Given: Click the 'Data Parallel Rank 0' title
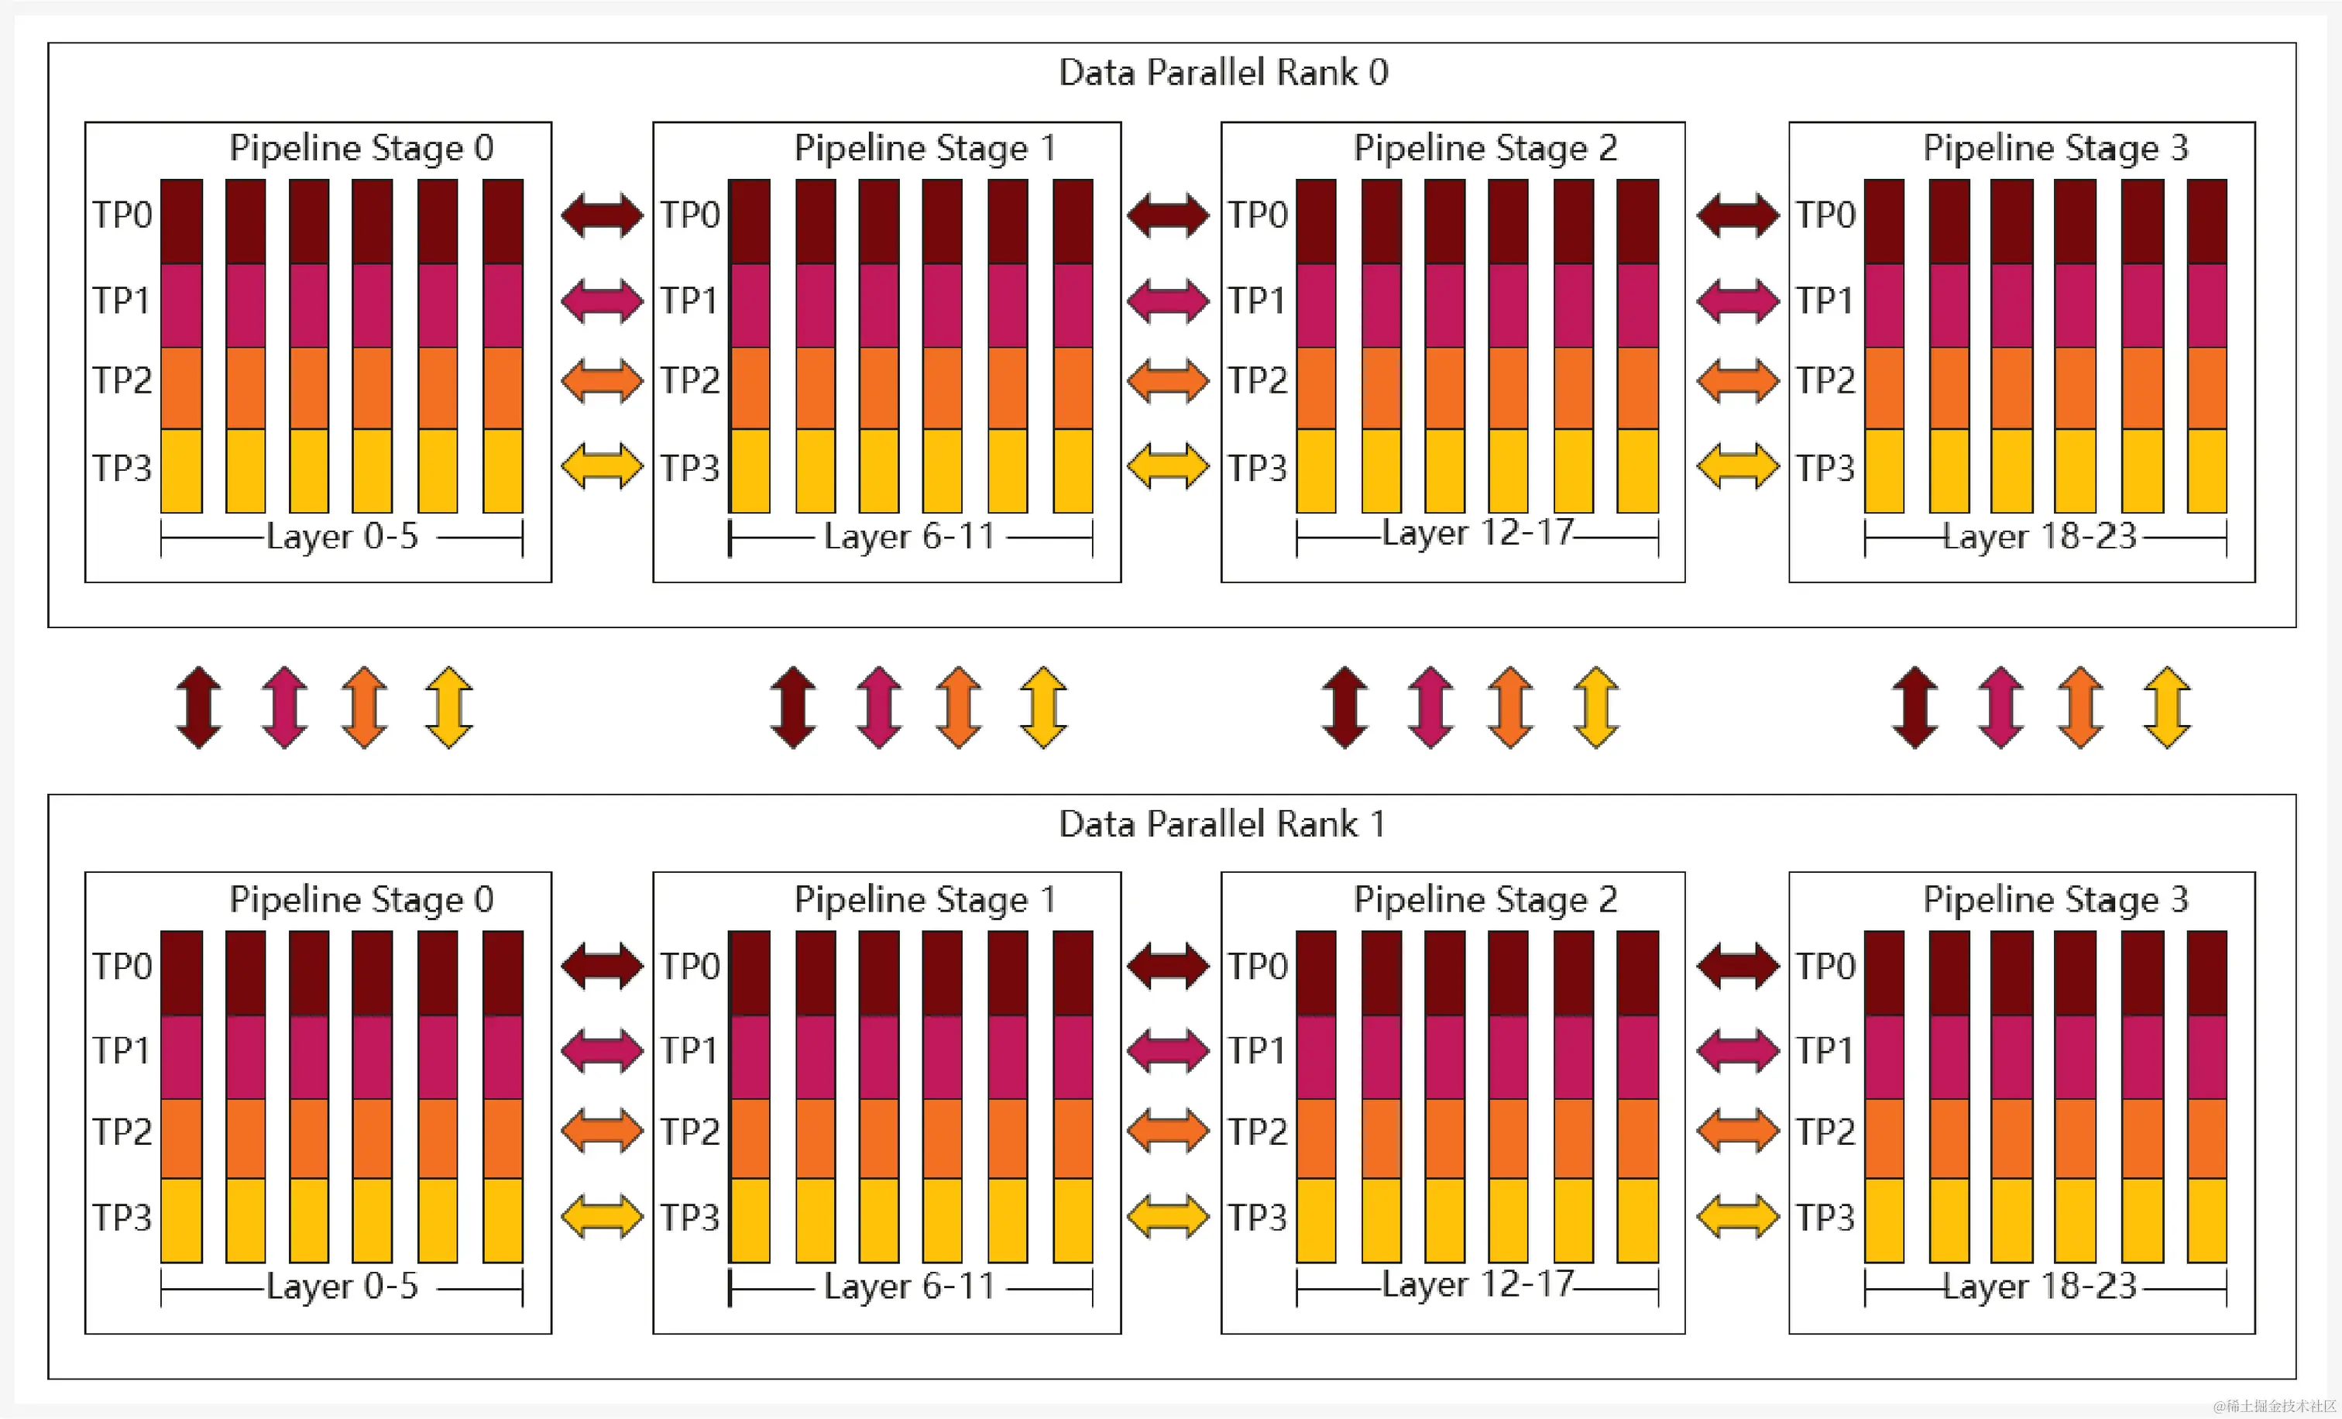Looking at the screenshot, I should (1224, 72).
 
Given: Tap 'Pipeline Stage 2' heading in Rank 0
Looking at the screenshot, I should (1485, 148).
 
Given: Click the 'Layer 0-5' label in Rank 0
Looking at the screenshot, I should (342, 537).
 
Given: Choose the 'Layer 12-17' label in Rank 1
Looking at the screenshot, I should (1477, 1284).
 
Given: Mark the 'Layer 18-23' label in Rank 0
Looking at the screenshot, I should (2040, 537).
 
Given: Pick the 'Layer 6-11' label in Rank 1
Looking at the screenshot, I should (908, 1286).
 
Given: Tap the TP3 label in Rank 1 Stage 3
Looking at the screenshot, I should (1825, 1218).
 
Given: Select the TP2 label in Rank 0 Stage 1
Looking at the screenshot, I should (690, 380).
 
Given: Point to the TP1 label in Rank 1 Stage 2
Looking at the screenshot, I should (1255, 1050).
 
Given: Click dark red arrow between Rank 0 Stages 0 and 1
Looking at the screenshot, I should (602, 215).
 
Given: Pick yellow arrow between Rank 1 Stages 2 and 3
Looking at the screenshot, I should (1736, 1217).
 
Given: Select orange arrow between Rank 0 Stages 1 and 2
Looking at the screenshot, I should (1167, 381).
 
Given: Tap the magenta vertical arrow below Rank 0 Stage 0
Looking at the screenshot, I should (284, 707).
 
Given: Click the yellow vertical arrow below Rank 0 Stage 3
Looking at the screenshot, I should (2167, 707).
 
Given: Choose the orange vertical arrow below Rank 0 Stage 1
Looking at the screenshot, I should (958, 707).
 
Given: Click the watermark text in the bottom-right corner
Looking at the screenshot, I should (2274, 1406).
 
